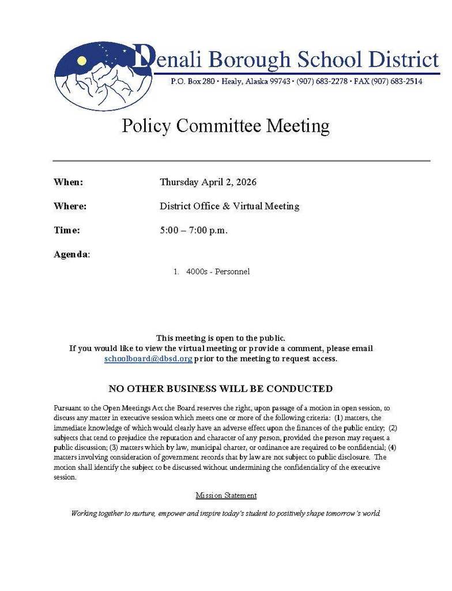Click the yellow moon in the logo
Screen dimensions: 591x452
coord(82,61)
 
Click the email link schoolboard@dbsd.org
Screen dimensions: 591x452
coord(148,359)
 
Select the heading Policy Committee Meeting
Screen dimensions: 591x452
coord(225,126)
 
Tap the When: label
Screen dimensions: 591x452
coord(69,182)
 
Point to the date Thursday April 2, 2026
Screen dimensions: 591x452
coord(208,182)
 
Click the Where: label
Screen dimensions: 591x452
coord(70,206)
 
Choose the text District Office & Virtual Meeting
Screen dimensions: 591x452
coord(229,206)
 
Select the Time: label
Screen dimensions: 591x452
coord(67,230)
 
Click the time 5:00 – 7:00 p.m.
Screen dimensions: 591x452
coord(194,230)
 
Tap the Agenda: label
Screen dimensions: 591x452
coord(71,255)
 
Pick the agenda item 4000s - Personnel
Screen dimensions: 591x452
coord(217,272)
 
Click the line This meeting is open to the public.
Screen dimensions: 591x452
coord(221,338)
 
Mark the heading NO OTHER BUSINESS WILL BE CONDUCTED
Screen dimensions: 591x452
coord(221,389)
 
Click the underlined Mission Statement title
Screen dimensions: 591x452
coord(226,496)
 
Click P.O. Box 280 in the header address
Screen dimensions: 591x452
coord(193,82)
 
